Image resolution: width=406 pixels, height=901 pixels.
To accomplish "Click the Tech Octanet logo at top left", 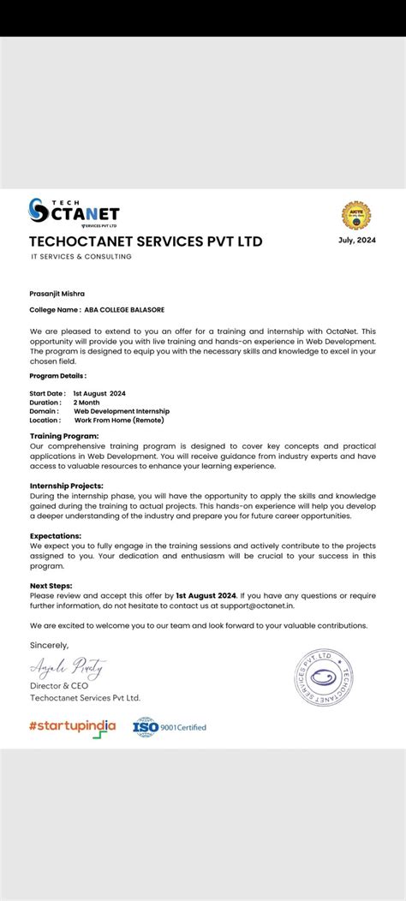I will click(74, 212).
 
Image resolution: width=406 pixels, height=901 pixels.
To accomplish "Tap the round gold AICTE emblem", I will click(356, 216).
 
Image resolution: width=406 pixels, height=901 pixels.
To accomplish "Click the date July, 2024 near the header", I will click(356, 240).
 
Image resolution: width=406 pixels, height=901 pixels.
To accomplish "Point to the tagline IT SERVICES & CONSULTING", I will click(81, 256).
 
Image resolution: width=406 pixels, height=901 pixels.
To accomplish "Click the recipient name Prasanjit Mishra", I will click(57, 293).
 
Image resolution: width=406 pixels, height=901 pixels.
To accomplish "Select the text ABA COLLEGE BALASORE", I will click(124, 309).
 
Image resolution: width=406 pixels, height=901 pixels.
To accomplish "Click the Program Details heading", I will click(58, 376).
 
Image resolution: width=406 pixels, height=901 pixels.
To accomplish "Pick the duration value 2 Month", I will click(87, 402).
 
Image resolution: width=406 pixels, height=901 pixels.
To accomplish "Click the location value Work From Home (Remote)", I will click(118, 420).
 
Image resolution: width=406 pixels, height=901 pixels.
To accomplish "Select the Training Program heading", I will click(64, 436).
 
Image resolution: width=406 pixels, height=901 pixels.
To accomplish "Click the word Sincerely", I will click(49, 644).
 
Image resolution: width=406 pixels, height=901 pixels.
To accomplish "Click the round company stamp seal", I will click(323, 677).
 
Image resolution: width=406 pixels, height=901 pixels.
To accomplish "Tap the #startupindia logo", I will click(72, 727).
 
